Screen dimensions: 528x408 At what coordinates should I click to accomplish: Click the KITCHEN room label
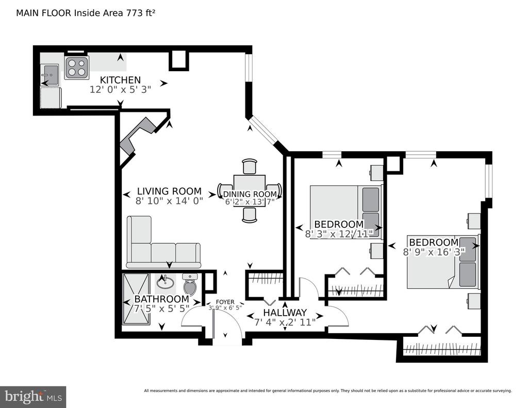[120, 80]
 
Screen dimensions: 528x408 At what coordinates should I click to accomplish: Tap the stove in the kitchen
[77, 68]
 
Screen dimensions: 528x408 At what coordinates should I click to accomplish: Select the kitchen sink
[49, 75]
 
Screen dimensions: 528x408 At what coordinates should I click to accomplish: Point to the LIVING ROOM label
[169, 191]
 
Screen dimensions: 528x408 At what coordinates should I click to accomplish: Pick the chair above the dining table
[250, 167]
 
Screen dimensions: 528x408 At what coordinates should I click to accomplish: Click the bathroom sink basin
[165, 282]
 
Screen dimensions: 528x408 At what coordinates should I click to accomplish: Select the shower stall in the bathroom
[136, 299]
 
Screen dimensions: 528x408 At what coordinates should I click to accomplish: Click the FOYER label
[225, 302]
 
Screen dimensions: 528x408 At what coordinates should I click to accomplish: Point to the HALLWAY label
[285, 313]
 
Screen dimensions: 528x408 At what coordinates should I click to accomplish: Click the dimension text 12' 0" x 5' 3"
[120, 90]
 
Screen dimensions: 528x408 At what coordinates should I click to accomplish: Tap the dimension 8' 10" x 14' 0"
[169, 201]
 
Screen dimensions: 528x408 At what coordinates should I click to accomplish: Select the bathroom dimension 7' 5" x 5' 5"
[161, 308]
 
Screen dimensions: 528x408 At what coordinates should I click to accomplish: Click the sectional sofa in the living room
[163, 242]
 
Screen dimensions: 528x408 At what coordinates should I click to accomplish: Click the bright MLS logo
[33, 397]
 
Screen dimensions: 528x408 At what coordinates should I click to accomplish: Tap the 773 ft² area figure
[141, 13]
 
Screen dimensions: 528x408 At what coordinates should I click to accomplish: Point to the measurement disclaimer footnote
[327, 391]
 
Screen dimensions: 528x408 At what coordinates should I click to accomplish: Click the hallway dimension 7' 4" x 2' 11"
[285, 322]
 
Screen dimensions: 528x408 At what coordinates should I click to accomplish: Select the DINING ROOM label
[250, 194]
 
